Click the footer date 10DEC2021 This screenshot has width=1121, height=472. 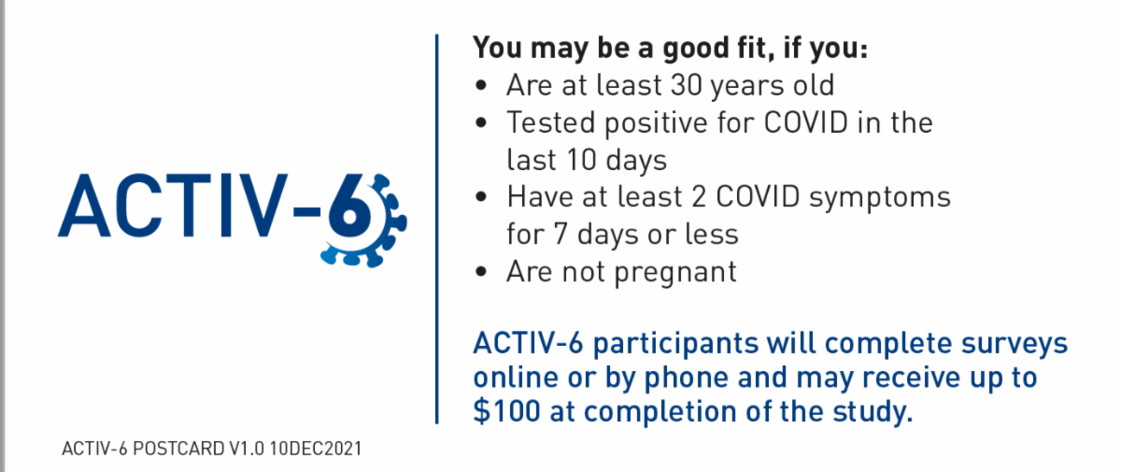(316, 449)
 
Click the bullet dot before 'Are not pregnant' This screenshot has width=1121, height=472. (481, 273)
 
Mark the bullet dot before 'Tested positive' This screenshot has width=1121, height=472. (481, 123)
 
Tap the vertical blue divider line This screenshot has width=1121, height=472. (436, 229)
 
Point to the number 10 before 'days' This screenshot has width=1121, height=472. (586, 160)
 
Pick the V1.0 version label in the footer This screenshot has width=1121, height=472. (247, 449)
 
